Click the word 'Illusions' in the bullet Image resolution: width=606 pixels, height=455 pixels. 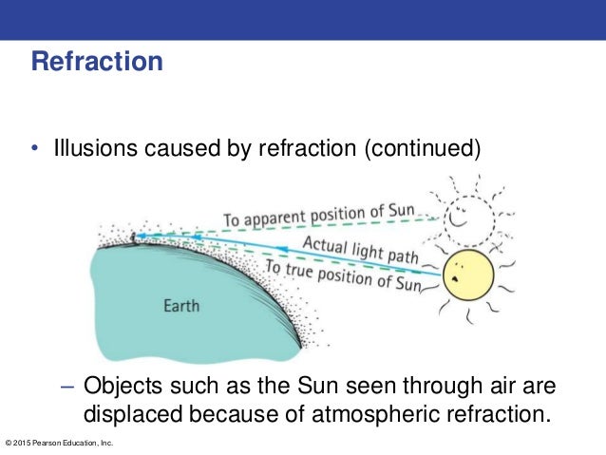[x=90, y=149]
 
